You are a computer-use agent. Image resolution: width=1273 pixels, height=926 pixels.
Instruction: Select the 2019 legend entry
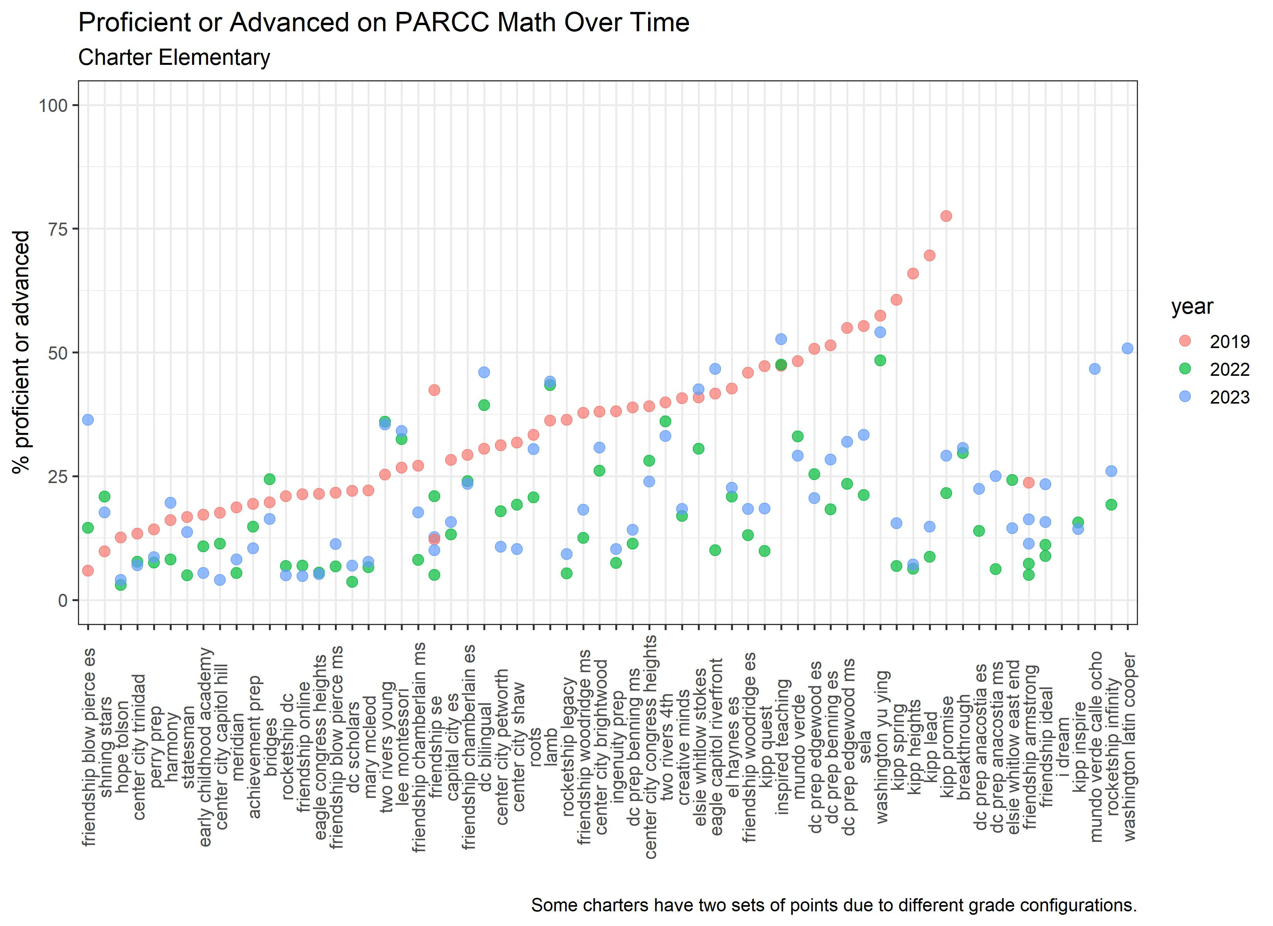click(x=1185, y=341)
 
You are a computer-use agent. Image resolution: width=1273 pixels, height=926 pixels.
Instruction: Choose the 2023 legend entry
click(x=1185, y=397)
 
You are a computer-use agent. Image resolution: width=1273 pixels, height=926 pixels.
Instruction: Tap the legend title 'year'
click(x=1192, y=307)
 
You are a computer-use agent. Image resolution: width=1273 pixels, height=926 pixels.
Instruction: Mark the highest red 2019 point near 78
click(x=946, y=216)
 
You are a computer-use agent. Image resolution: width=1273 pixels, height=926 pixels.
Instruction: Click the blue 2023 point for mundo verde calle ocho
click(x=1094, y=369)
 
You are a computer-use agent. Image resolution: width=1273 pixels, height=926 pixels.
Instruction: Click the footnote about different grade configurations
click(x=834, y=905)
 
